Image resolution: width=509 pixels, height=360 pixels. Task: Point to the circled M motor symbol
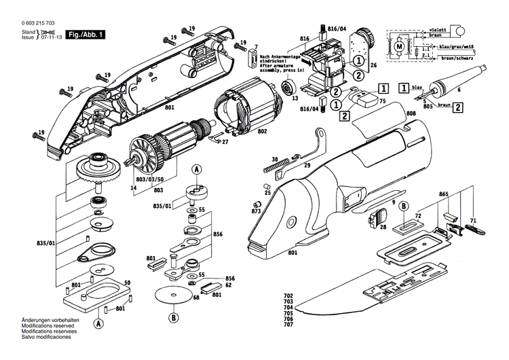pyautogui.click(x=399, y=46)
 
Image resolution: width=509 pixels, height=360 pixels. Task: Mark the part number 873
pyautogui.click(x=256, y=213)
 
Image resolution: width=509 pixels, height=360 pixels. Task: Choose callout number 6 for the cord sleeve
pyautogui.click(x=459, y=90)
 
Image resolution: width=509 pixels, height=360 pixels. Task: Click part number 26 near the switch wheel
pyautogui.click(x=373, y=66)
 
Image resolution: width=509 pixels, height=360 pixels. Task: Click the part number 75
pyautogui.click(x=383, y=101)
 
